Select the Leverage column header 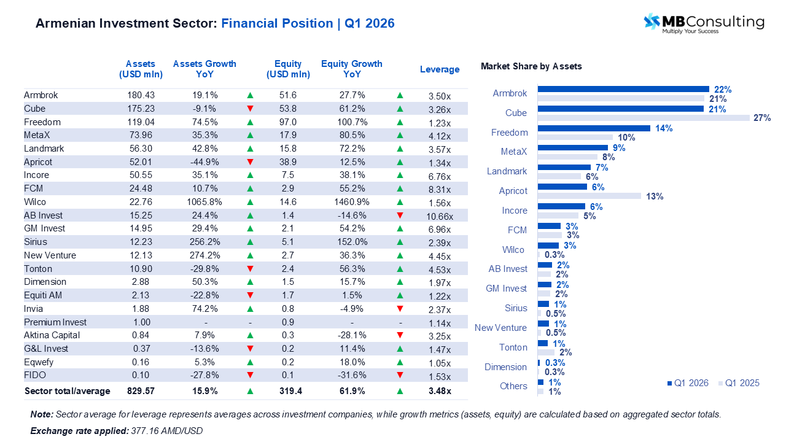tap(440, 69)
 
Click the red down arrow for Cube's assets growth tap(250, 109)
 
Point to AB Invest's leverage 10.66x tap(440, 216)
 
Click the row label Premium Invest tap(55, 322)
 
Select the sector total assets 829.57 tap(141, 391)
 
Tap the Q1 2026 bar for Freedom tap(594, 128)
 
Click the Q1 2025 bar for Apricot tap(589, 196)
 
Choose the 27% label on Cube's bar tap(762, 118)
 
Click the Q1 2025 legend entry tap(738, 383)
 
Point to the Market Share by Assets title tap(531, 66)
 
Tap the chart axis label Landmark tap(507, 171)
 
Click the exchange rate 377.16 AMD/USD tap(166, 431)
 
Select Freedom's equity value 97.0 tap(288, 122)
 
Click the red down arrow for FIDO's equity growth tap(400, 375)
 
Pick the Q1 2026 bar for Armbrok tap(623, 89)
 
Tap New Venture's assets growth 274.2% tap(204, 255)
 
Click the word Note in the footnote tap(41, 414)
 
